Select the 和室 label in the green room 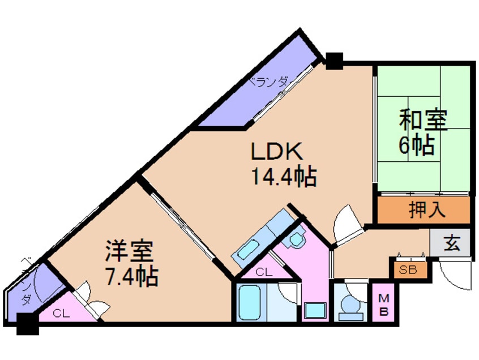tap(424, 121)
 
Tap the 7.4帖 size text tap(131, 277)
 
